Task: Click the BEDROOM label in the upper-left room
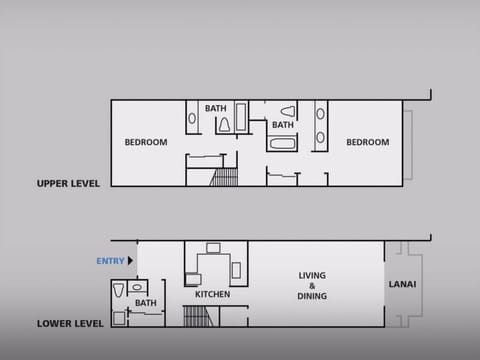click(x=146, y=142)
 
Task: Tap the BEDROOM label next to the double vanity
click(x=367, y=142)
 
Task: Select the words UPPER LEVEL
click(x=67, y=183)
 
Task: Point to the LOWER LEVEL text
click(x=70, y=324)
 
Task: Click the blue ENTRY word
click(x=110, y=261)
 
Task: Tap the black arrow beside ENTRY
click(x=130, y=261)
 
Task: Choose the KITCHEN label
click(x=212, y=295)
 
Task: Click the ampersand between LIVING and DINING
click(x=313, y=286)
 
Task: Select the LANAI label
click(x=402, y=284)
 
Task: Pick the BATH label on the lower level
click(x=146, y=303)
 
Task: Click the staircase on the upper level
click(x=226, y=177)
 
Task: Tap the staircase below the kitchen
click(x=195, y=316)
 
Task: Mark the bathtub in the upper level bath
click(x=281, y=143)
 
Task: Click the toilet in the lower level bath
click(x=118, y=292)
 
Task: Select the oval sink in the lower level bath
click(x=136, y=288)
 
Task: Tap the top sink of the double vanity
click(x=320, y=113)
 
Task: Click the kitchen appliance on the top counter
click(x=213, y=248)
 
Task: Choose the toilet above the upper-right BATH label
click(x=288, y=111)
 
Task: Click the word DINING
click(x=313, y=296)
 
